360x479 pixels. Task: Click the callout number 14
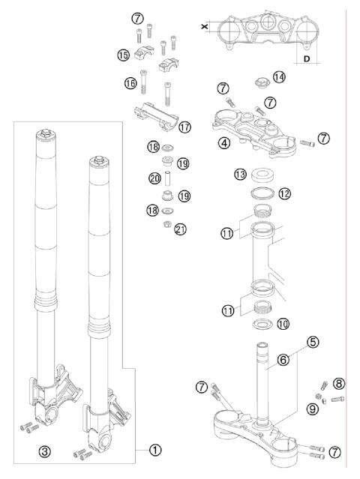pos(279,77)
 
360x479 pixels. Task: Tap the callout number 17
pos(184,127)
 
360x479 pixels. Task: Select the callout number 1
pos(155,450)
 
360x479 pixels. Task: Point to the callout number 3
pos(44,451)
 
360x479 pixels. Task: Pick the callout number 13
pos(241,175)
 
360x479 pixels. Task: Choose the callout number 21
pos(180,229)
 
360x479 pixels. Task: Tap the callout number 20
pos(155,178)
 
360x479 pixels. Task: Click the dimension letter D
pos(307,58)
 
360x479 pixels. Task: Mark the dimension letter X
pos(205,26)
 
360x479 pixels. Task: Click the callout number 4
pos(224,142)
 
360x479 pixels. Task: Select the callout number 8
pos(338,384)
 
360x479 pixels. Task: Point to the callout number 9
pos(312,409)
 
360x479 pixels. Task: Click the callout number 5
pos(312,342)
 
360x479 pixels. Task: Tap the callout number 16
pos(130,83)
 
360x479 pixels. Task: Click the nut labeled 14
pos(262,82)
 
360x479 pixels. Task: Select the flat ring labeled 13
pos(262,175)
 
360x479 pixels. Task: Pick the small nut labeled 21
pos(167,224)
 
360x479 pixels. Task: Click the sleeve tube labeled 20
pos(167,178)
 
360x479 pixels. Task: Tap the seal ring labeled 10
pos(262,323)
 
